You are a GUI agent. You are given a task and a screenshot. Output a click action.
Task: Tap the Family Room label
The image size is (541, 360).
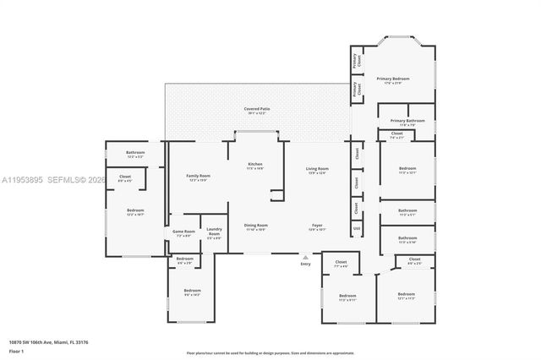[199, 177]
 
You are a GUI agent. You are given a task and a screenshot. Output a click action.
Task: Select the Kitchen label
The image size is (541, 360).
[255, 165]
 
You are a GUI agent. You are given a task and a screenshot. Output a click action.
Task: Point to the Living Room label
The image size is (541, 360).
[317, 170]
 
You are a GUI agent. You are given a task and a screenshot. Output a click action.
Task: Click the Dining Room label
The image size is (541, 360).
[255, 226]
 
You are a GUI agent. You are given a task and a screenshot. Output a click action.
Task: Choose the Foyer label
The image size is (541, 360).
[317, 226]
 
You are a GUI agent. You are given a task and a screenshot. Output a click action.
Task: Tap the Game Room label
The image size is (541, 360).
[184, 232]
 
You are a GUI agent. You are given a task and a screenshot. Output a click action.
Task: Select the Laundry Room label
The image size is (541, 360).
[214, 232]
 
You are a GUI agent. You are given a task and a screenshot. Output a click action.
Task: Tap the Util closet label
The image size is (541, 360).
[357, 228]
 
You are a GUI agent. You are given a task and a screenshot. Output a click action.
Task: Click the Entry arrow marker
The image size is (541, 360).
[305, 255]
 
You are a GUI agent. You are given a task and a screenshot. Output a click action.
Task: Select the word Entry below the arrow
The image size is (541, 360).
[305, 265]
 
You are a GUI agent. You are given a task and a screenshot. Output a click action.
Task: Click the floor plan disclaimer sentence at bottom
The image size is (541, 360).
[270, 352]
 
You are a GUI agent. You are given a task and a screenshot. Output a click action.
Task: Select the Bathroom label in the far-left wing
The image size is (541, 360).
[135, 155]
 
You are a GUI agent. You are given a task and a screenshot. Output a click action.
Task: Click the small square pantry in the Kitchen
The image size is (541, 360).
[277, 195]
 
